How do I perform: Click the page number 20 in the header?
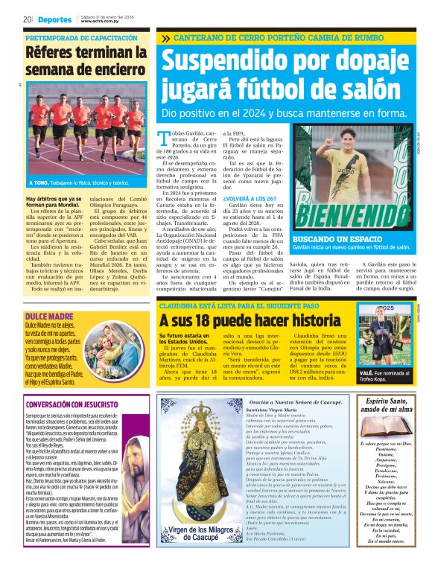pyautogui.click(x=27, y=19)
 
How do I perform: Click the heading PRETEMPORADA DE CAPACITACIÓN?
pyautogui.click(x=81, y=37)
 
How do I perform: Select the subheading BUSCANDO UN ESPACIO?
pyautogui.click(x=335, y=238)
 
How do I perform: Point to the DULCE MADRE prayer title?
pyautogui.click(x=48, y=296)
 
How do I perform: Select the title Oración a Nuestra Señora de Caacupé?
pyautogui.click(x=297, y=402)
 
